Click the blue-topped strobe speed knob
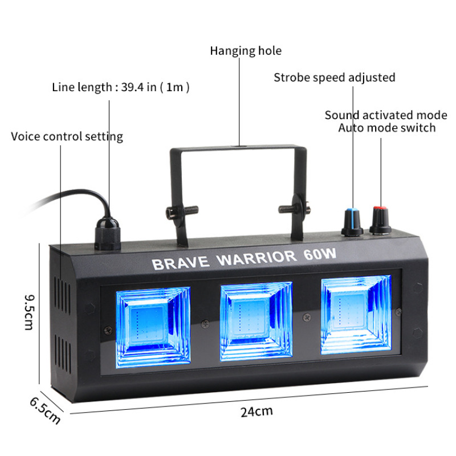tap(352, 222)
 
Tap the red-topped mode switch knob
tap(380, 220)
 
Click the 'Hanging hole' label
tap(246, 51)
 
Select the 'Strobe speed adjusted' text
tap(335, 78)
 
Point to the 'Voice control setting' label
tap(67, 136)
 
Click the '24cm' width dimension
tap(256, 412)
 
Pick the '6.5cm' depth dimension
tap(46, 410)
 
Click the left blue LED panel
tap(153, 327)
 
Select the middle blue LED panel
tap(256, 321)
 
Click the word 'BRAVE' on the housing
tap(181, 263)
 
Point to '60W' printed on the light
tap(320, 254)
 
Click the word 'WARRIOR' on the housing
tap(257, 258)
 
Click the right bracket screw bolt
tap(294, 208)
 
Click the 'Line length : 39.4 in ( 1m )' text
tap(121, 87)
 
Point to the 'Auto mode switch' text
tap(387, 128)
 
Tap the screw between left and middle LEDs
tap(206, 323)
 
